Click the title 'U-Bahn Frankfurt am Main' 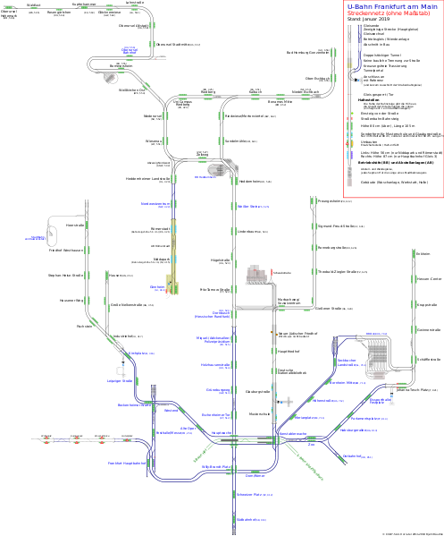point(391,6)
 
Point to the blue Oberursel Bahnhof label point(130,51)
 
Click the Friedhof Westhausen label point(65,250)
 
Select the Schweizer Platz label point(248,494)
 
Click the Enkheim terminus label point(423,253)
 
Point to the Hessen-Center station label point(429,278)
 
